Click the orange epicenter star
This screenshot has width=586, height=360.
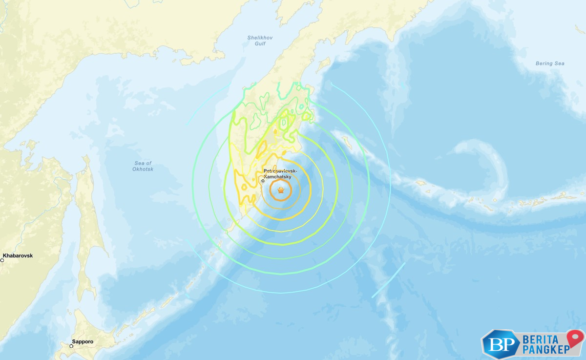(280, 191)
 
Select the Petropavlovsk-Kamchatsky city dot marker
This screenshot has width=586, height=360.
(263, 181)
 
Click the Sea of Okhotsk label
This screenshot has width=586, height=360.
(143, 166)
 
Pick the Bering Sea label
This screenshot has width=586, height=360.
(550, 64)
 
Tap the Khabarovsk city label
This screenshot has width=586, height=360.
(18, 255)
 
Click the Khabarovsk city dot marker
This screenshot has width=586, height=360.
(2, 260)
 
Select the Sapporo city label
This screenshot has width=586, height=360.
(82, 342)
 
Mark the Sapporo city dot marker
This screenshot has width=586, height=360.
(71, 346)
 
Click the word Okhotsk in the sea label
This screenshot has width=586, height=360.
(143, 169)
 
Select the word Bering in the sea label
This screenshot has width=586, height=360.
(544, 64)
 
